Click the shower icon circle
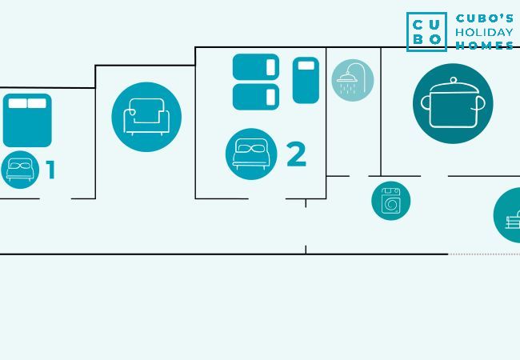(353, 80)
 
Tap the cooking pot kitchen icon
(453, 103)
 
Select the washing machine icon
(390, 200)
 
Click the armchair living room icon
(146, 117)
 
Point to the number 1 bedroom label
(50, 170)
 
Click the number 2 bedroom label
(296, 155)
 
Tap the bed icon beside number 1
(19, 169)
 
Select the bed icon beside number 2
(251, 154)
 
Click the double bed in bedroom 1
(27, 120)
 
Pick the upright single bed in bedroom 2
(306, 80)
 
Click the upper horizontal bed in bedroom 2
(256, 67)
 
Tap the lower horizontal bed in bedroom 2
(256, 97)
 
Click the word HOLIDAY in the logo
(484, 32)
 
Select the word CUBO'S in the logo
(485, 18)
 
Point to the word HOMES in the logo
(485, 46)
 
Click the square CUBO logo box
(426, 32)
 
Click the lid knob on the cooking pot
(453, 80)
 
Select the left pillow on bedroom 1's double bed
(18, 103)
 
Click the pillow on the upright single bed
(306, 66)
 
